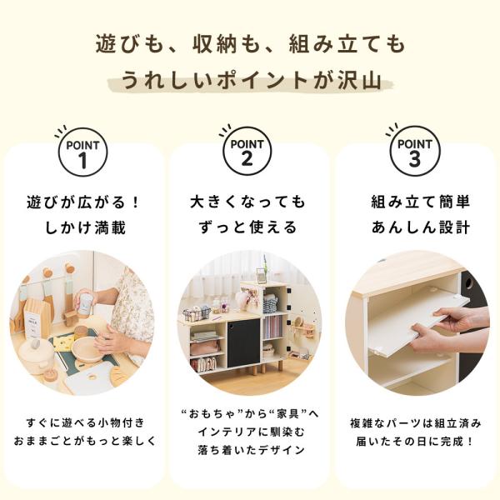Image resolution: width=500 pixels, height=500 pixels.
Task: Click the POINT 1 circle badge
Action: click(82, 152)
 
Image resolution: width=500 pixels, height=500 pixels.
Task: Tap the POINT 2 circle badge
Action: click(247, 151)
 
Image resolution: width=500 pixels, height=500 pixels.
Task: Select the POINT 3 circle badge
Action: click(415, 151)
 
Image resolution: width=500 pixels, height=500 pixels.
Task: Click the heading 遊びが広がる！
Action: click(83, 202)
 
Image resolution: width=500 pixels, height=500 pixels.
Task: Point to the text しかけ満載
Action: click(85, 227)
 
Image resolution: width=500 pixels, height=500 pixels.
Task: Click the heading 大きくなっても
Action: click(247, 202)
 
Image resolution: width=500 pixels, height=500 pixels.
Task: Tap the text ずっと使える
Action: click(247, 227)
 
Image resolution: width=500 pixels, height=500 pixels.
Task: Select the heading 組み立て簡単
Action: click(421, 202)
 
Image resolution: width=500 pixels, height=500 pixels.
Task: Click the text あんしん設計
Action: click(421, 227)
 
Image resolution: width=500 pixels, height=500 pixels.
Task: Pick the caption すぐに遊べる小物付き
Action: click(86, 422)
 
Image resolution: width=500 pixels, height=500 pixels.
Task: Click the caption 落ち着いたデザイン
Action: click(252, 450)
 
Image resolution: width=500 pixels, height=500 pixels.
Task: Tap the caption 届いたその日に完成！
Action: click(415, 442)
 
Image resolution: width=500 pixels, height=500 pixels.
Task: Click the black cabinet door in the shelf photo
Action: click(243, 342)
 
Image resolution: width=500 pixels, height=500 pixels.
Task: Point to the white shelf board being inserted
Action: click(417, 322)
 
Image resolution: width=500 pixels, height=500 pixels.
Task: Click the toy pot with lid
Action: click(36, 355)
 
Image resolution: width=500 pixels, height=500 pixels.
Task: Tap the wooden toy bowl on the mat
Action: click(87, 349)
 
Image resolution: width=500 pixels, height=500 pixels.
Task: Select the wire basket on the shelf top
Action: click(197, 314)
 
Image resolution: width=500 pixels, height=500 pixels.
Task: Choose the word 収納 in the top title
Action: click(215, 43)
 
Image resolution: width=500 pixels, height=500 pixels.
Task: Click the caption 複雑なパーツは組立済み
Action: click(415, 423)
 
